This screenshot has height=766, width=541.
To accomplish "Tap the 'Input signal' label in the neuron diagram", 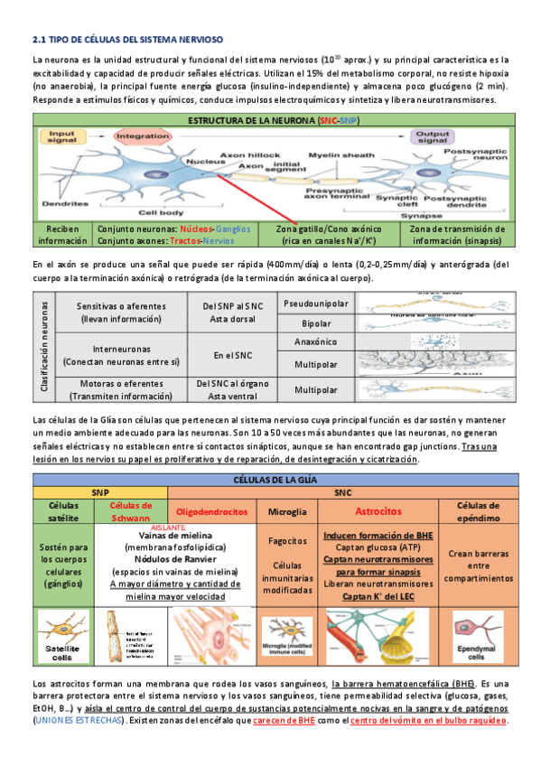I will click(61, 137).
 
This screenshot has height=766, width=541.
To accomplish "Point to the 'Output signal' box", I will click(431, 137).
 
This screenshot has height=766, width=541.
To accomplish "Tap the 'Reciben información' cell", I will click(62, 235).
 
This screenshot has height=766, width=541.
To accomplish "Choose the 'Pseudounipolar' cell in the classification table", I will click(315, 304).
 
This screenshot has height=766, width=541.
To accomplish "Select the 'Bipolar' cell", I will click(315, 322).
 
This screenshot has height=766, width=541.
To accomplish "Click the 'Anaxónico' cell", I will click(315, 342).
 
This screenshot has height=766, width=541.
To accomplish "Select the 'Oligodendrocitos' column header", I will click(212, 512).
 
